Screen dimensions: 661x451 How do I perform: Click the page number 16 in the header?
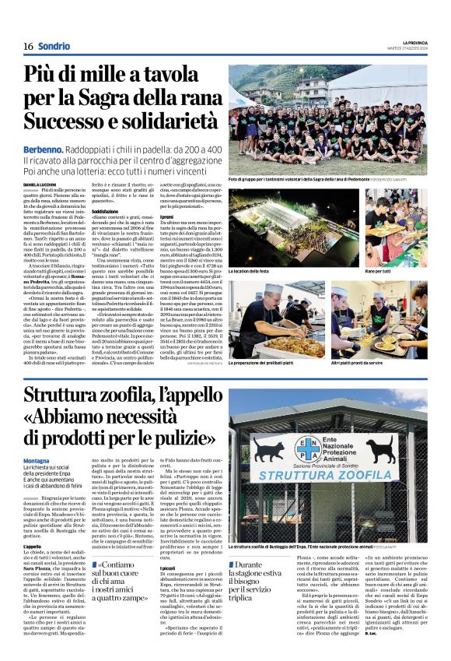point(28,47)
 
